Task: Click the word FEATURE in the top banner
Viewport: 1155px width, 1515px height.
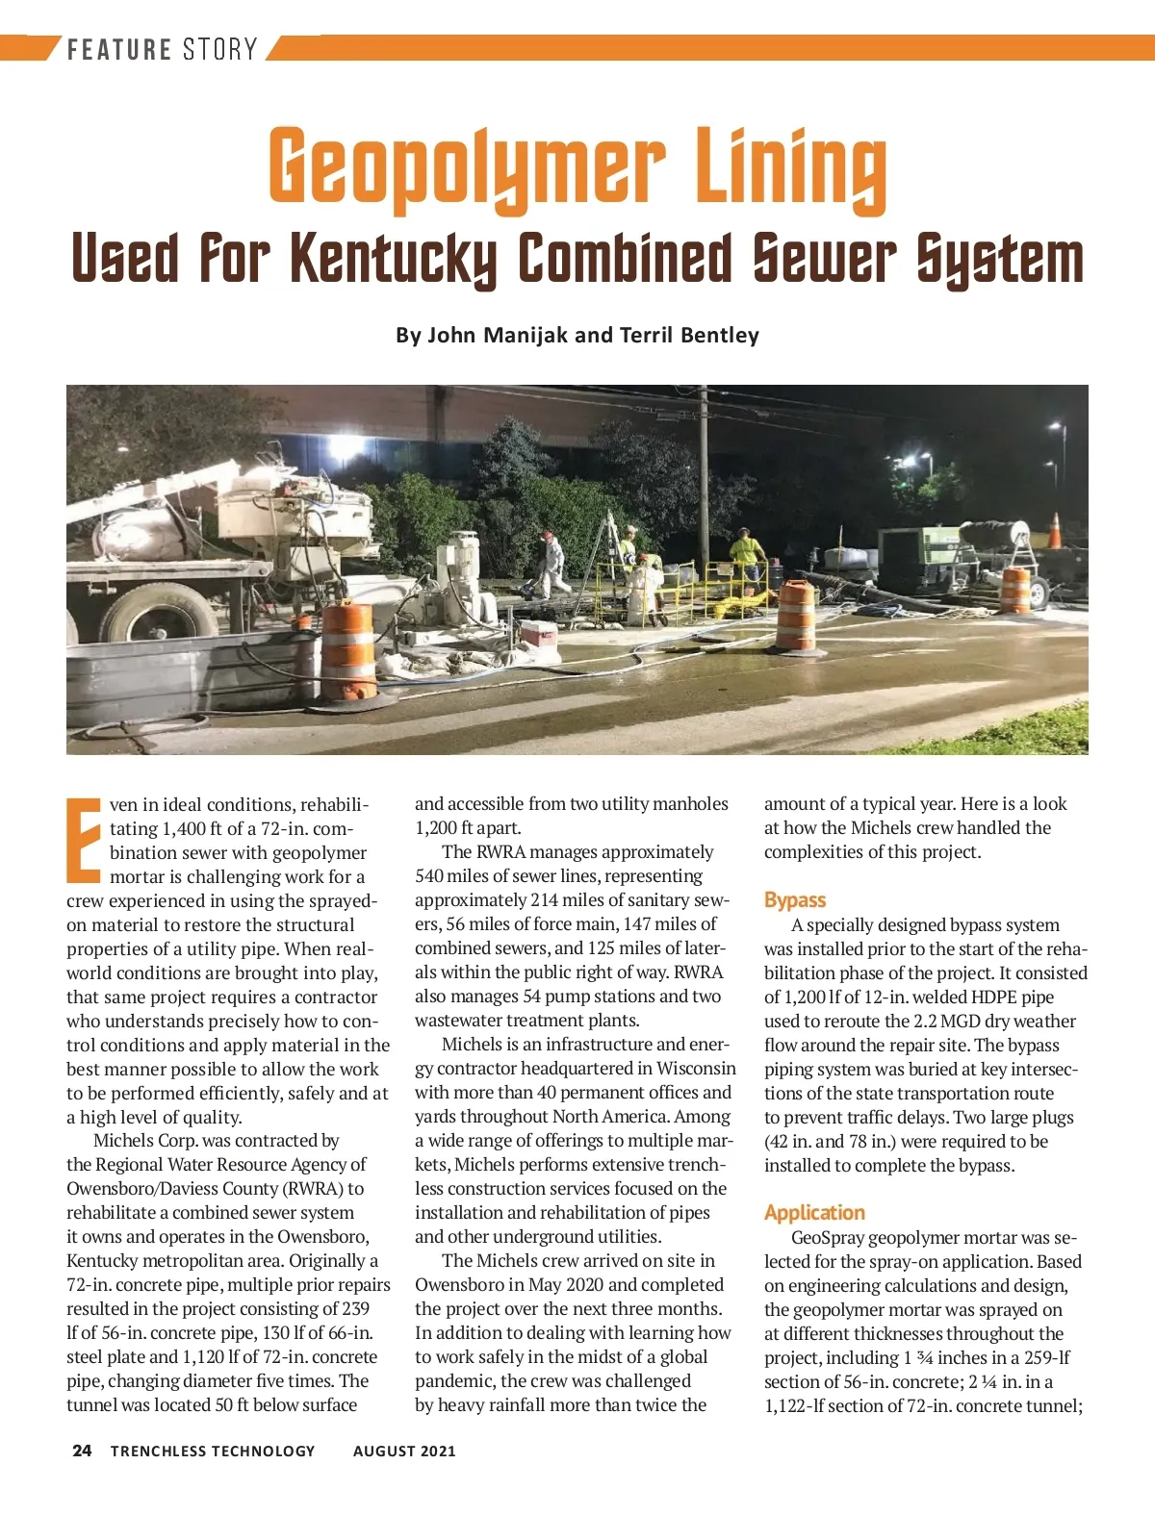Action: [119, 49]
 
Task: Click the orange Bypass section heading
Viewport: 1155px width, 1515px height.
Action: [795, 900]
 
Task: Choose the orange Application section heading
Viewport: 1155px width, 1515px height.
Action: [814, 1213]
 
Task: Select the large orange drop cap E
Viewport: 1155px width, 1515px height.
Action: [84, 840]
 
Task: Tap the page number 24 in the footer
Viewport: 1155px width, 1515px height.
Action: [82, 1451]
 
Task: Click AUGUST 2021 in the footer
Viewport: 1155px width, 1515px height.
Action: [404, 1451]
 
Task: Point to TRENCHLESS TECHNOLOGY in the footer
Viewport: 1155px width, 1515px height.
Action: [213, 1451]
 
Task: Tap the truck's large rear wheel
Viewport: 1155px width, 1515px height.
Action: [160, 614]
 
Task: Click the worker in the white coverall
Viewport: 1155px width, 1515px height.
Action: [553, 565]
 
